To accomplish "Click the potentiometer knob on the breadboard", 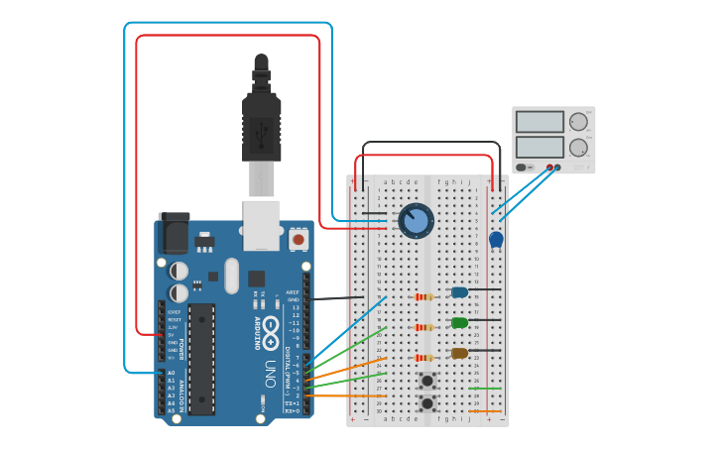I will (x=417, y=220).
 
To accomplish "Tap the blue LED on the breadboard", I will (x=459, y=292).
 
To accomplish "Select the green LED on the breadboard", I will (x=459, y=322).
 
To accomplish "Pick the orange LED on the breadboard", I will (x=459, y=353).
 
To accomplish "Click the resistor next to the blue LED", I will (x=424, y=296).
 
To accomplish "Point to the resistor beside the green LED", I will (x=424, y=327).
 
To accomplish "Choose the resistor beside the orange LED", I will (x=424, y=358).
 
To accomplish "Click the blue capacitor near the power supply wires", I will (x=496, y=239).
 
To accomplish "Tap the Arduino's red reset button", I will (x=298, y=239).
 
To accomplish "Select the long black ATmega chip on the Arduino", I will (x=201, y=359).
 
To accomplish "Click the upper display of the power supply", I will (x=539, y=122).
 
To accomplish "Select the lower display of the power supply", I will (x=539, y=147).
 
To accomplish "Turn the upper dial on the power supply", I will (x=578, y=122).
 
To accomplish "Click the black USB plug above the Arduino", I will (x=261, y=124).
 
